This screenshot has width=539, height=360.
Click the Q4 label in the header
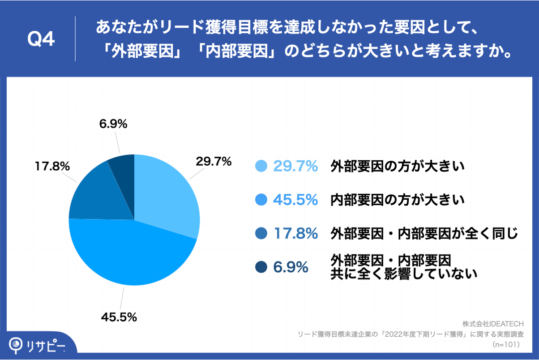coord(41,39)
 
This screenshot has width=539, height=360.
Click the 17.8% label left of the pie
coord(52,167)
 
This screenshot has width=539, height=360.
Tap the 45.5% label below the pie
coord(118,317)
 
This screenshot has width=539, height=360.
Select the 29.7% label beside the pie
coord(214,162)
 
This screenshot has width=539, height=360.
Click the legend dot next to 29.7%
coord(261,166)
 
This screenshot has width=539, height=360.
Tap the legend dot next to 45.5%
coord(261,200)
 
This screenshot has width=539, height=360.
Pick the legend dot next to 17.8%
coord(261,233)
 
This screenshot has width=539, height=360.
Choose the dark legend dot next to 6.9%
coord(261,267)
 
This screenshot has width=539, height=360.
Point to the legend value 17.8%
coord(295,233)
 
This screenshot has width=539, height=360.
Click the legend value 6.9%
coord(291,267)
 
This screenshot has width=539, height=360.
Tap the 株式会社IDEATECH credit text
coord(493,323)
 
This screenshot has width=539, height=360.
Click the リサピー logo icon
coord(17,345)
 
